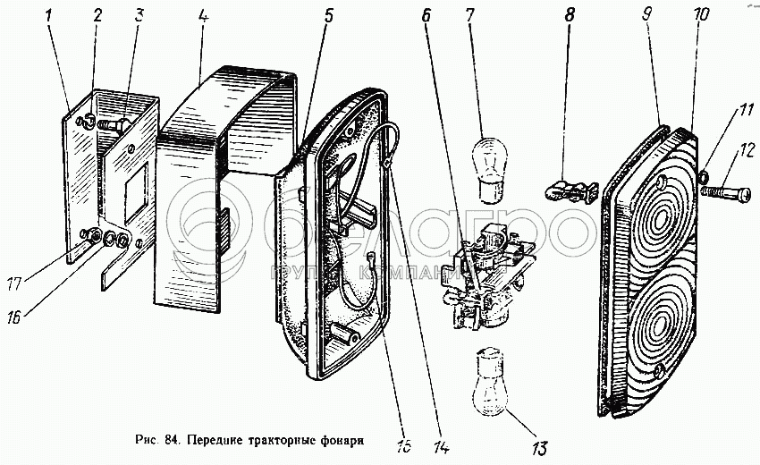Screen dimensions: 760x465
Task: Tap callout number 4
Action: click(204, 17)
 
